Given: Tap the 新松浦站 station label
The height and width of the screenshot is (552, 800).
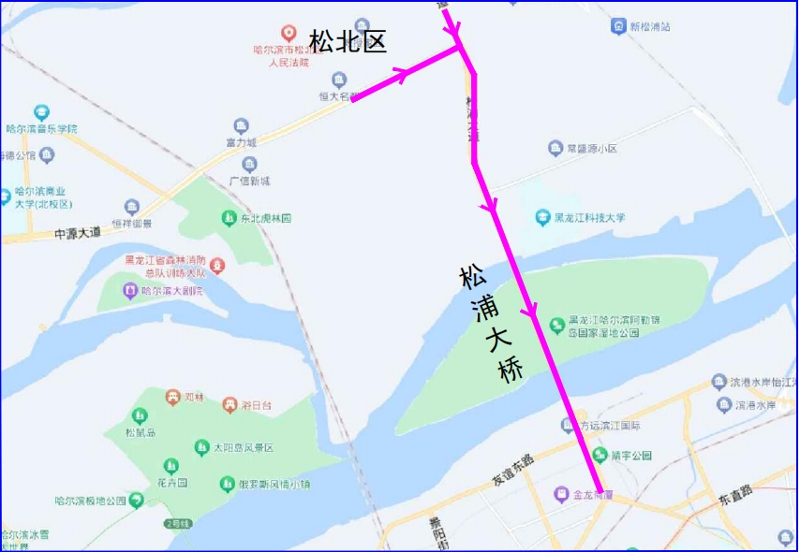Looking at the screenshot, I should click(x=650, y=27).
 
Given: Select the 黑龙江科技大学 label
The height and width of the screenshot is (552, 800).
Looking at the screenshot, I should click(x=589, y=218).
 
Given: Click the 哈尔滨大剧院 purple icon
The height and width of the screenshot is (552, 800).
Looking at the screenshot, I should click(x=130, y=291).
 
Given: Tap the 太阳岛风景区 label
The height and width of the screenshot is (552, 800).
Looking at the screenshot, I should click(x=243, y=448).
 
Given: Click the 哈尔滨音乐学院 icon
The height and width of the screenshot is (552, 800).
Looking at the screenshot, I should click(x=41, y=112).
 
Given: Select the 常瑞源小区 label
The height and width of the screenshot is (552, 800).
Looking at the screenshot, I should click(x=592, y=149).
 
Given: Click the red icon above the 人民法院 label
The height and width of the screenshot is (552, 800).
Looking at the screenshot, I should click(x=289, y=33).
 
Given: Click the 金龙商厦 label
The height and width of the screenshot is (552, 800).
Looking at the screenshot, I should click(x=592, y=493).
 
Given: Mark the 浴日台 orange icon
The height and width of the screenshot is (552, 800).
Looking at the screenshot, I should click(x=230, y=405).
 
